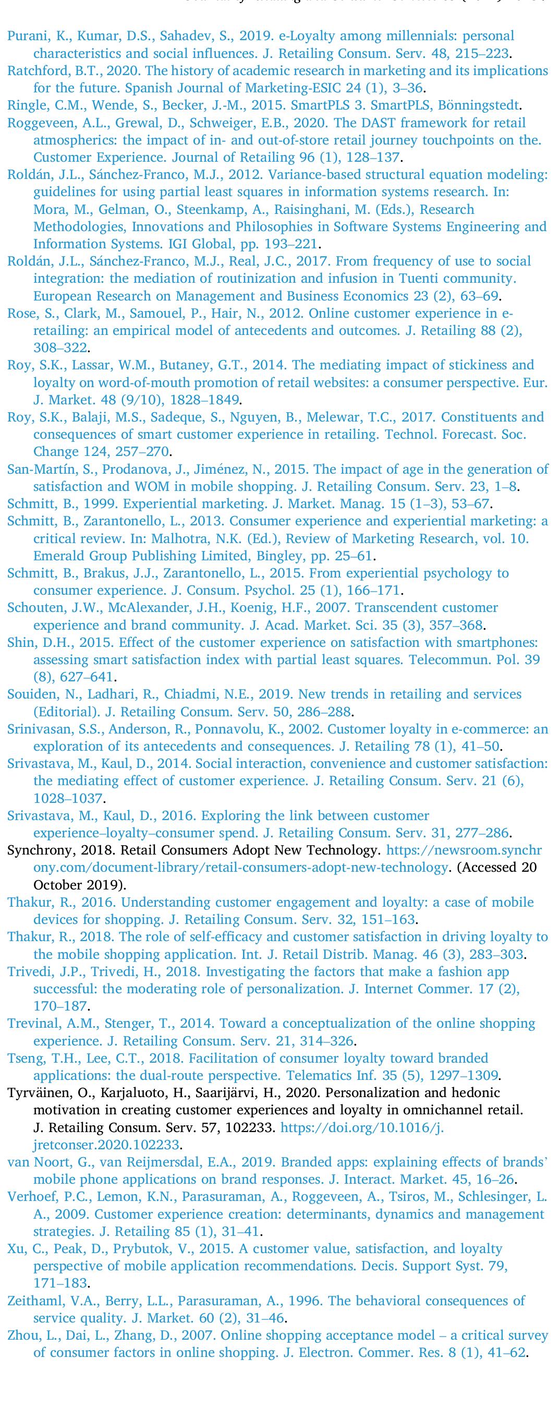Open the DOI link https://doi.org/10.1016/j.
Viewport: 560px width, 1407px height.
point(362,1127)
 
